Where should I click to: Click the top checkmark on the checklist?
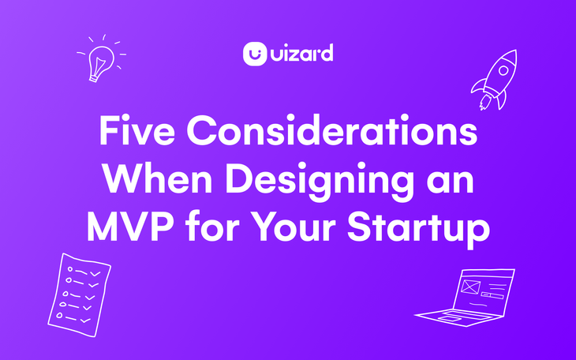95,272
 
